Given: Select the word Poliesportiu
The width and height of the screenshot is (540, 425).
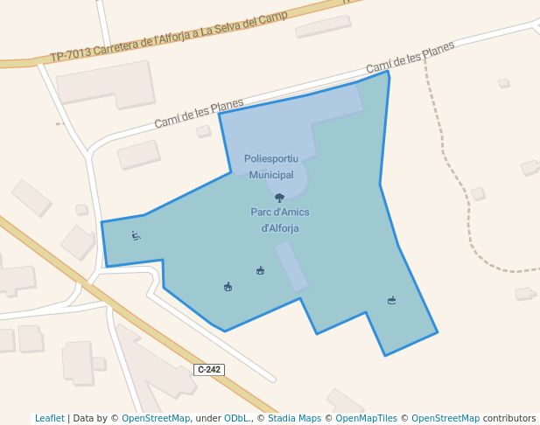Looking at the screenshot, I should pyautogui.click(x=271, y=158).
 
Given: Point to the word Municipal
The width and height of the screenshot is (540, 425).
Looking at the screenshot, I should pyautogui.click(x=271, y=175).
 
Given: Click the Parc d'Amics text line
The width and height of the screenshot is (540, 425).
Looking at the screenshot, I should pyautogui.click(x=280, y=212).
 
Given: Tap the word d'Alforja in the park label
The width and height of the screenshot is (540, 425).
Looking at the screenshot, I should pyautogui.click(x=280, y=228).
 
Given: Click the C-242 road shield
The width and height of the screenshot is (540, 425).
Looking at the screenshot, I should pyautogui.click(x=209, y=370).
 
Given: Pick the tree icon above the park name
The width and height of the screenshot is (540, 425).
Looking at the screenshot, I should pyautogui.click(x=279, y=198).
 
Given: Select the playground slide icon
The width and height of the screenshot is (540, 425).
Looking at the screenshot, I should pyautogui.click(x=136, y=235).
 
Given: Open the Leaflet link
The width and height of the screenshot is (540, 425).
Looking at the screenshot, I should pyautogui.click(x=50, y=418).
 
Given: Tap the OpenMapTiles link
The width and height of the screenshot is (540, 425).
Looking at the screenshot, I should pyautogui.click(x=367, y=418).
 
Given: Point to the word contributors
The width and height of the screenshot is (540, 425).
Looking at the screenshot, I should pyautogui.click(x=508, y=418).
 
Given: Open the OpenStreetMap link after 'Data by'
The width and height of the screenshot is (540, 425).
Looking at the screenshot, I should pyautogui.click(x=155, y=418).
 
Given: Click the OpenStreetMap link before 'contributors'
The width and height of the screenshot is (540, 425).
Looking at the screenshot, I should pyautogui.click(x=445, y=418).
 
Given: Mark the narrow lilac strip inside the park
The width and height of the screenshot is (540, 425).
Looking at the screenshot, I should pyautogui.click(x=291, y=266).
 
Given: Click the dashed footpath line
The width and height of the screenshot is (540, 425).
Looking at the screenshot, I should pyautogui.click(x=446, y=166).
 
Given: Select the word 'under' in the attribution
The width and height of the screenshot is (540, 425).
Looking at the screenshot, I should pyautogui.click(x=207, y=418).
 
